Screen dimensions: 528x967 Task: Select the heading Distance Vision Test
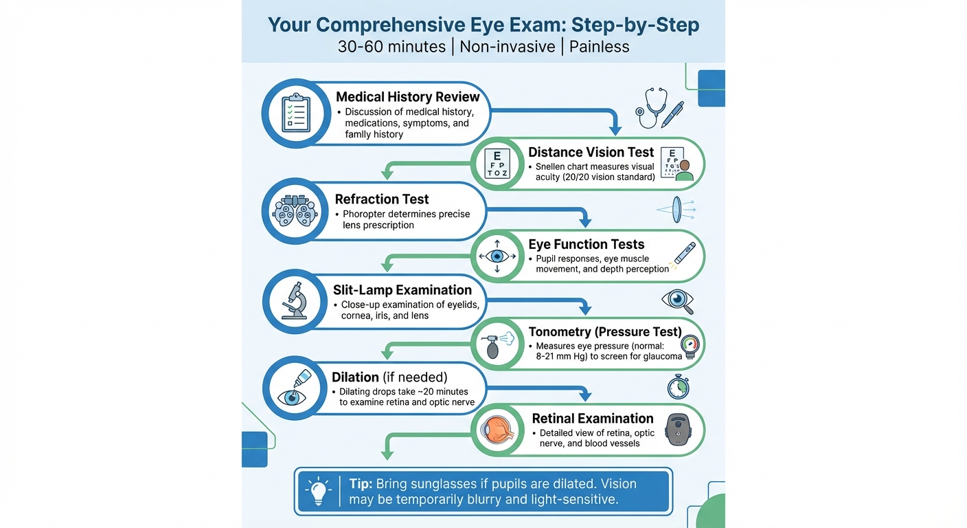[x=591, y=153]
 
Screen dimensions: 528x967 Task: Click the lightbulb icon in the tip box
[x=318, y=492]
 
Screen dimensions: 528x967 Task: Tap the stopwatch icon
[x=678, y=386]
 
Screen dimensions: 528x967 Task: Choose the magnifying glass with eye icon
[x=677, y=300]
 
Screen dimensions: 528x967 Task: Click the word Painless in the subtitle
[x=599, y=47]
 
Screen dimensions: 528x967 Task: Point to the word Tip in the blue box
[x=361, y=484]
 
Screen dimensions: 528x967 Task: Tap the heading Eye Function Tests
[x=586, y=244]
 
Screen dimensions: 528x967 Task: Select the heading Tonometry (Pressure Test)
[x=604, y=332]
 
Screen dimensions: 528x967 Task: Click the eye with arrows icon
[x=497, y=256]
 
